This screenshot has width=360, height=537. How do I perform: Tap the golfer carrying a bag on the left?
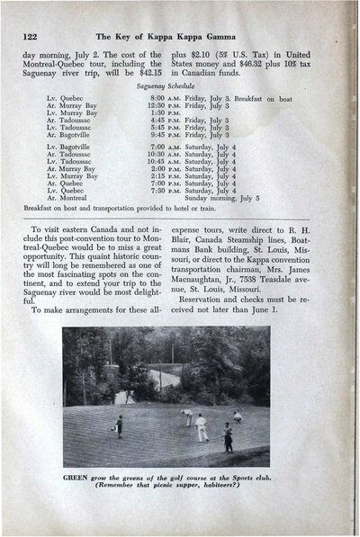pyautogui.click(x=118, y=425)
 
